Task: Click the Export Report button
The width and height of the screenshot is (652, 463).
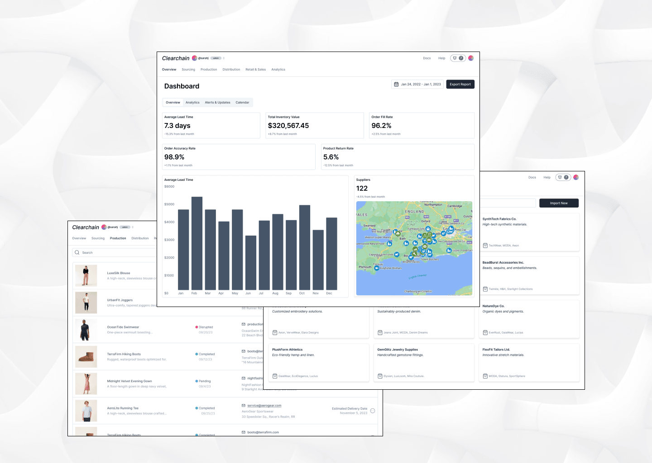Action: (x=460, y=84)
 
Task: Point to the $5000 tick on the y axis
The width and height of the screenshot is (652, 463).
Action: (x=169, y=204)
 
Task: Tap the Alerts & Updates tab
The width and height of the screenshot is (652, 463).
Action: (x=217, y=103)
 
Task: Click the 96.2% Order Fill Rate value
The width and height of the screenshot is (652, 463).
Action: (x=381, y=126)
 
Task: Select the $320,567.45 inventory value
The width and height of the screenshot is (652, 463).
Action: (x=288, y=126)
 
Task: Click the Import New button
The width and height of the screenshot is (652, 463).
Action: (x=559, y=203)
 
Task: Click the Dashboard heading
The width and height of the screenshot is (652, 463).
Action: (x=182, y=86)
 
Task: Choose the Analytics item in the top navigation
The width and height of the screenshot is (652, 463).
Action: (x=278, y=70)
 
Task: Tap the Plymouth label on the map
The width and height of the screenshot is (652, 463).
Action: (x=365, y=267)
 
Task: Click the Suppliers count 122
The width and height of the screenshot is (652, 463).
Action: (x=362, y=189)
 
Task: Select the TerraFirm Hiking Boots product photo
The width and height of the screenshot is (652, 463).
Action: (x=86, y=357)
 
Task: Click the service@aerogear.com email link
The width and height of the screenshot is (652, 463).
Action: (x=264, y=406)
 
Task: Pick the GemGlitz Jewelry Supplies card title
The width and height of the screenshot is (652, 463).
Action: (x=398, y=350)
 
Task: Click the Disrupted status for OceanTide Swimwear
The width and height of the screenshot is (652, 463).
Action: (x=206, y=327)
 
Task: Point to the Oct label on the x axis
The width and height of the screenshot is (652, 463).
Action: (x=302, y=293)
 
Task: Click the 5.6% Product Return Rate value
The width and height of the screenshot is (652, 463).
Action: (x=331, y=157)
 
